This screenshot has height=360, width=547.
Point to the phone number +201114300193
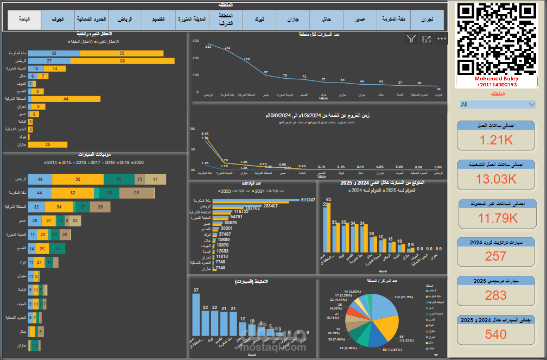pos(497,85)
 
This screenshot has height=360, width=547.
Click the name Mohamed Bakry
pos(497,79)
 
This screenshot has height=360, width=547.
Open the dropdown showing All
pos(497,104)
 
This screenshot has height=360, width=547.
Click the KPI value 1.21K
pos(496,140)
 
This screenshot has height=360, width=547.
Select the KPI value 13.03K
pos(496,180)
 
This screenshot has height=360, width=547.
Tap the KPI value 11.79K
pos(496,218)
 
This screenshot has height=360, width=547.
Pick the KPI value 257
pos(496,256)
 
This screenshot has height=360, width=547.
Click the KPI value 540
pos(496,334)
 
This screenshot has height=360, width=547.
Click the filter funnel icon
pos(411,39)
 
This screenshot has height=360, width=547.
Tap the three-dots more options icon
pos(442,39)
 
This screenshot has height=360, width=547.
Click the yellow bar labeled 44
pos(66,99)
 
